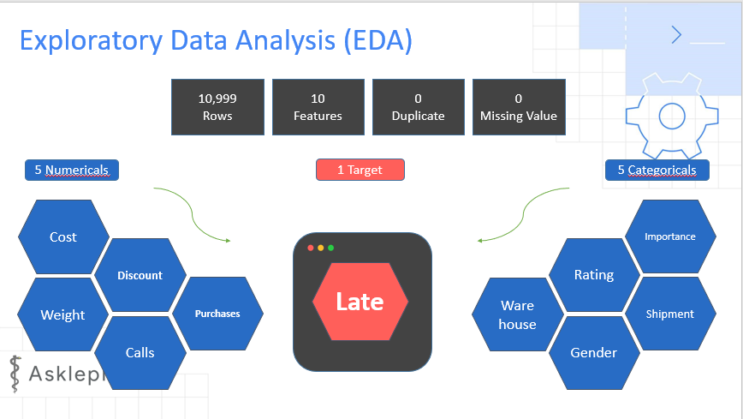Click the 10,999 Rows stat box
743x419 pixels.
[217, 107]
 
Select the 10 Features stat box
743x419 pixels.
[318, 107]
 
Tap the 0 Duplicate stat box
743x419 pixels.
[418, 107]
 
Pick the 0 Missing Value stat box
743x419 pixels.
[518, 107]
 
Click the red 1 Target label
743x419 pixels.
[360, 170]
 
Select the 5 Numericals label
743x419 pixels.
[72, 170]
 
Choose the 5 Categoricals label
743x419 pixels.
[657, 170]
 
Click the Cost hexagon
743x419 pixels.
[63, 237]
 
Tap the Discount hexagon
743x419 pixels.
[140, 275]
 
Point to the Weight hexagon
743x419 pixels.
[63, 314]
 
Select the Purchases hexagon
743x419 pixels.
[217, 314]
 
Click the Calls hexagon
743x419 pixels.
[140, 352]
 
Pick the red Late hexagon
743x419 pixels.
[360, 302]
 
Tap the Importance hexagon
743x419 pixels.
[669, 236]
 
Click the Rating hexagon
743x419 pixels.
[593, 275]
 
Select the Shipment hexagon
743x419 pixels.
[669, 314]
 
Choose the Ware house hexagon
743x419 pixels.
[517, 314]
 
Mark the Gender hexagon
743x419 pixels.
[593, 352]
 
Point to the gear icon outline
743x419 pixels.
[672, 114]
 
